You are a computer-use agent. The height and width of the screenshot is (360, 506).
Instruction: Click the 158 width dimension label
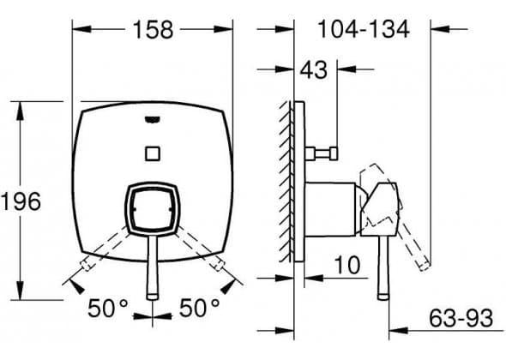(x=153, y=30)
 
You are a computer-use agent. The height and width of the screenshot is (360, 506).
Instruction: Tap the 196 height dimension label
(x=21, y=201)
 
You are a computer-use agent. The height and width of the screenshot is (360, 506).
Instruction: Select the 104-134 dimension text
(x=364, y=29)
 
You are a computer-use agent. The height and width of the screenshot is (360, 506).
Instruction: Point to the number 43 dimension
(x=313, y=69)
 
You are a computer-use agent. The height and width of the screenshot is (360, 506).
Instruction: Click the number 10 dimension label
(x=346, y=265)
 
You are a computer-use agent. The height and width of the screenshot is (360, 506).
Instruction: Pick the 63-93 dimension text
(x=461, y=318)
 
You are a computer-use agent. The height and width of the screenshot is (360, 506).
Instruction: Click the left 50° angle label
(x=108, y=308)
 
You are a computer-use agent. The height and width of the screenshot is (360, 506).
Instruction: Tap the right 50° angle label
(x=200, y=308)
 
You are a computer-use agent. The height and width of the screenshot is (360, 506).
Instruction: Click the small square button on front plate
(x=153, y=153)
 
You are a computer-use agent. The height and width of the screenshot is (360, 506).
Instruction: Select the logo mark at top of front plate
(x=153, y=120)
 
